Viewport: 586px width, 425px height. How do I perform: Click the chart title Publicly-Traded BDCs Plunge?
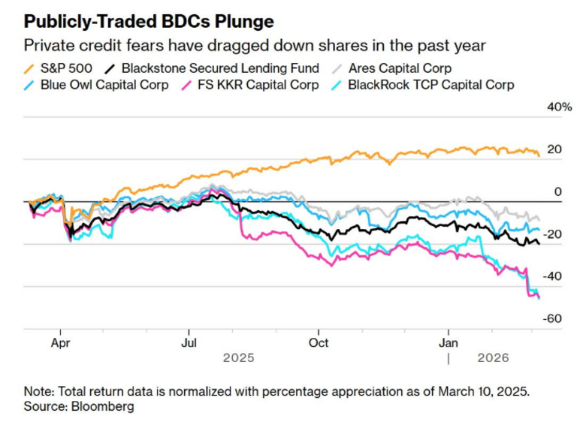pyautogui.click(x=149, y=21)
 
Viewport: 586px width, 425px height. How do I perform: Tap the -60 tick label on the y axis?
pyautogui.click(x=554, y=319)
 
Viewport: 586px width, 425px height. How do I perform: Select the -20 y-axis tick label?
pyautogui.click(x=554, y=234)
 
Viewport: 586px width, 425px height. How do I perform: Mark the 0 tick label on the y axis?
pyautogui.click(x=558, y=192)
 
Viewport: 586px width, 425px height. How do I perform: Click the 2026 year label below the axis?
pyautogui.click(x=493, y=357)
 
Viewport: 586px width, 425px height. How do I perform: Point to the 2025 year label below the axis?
pyautogui.click(x=238, y=357)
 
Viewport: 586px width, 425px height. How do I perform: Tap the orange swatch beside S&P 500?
pyautogui.click(x=29, y=68)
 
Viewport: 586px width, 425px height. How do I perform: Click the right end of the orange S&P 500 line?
pyautogui.click(x=539, y=155)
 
